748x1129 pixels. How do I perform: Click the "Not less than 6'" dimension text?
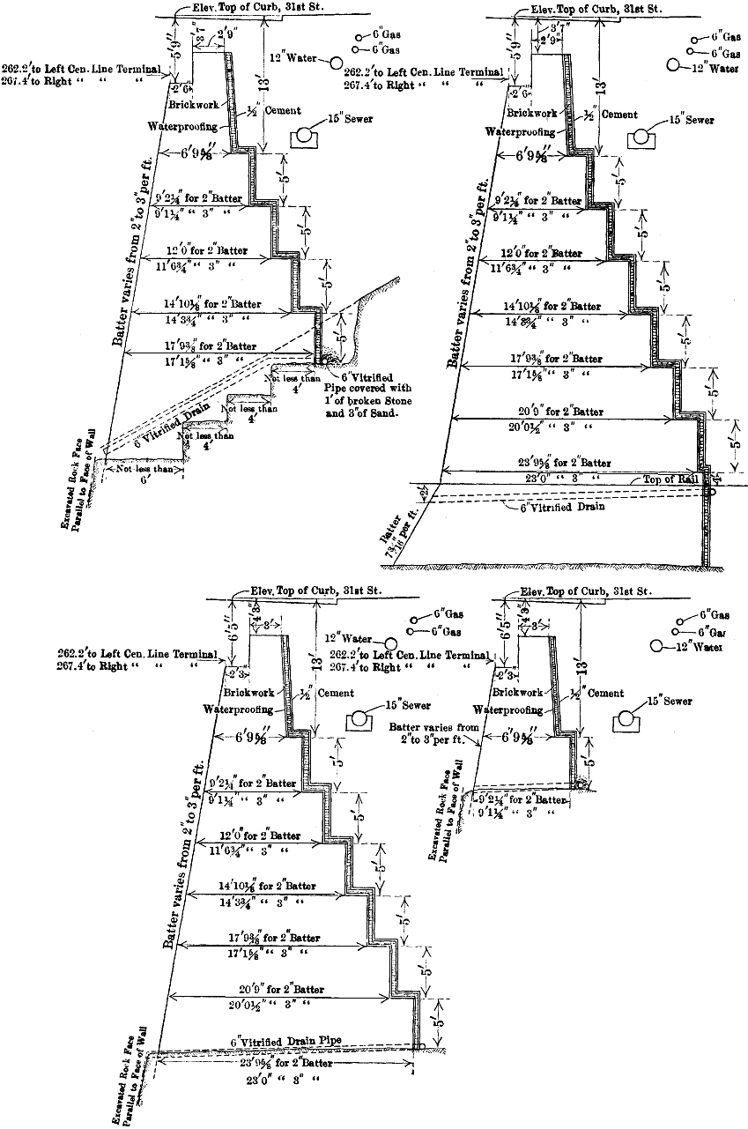[144, 474]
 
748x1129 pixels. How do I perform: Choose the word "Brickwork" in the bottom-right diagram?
[501, 693]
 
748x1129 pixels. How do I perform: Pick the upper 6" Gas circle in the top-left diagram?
[361, 38]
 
